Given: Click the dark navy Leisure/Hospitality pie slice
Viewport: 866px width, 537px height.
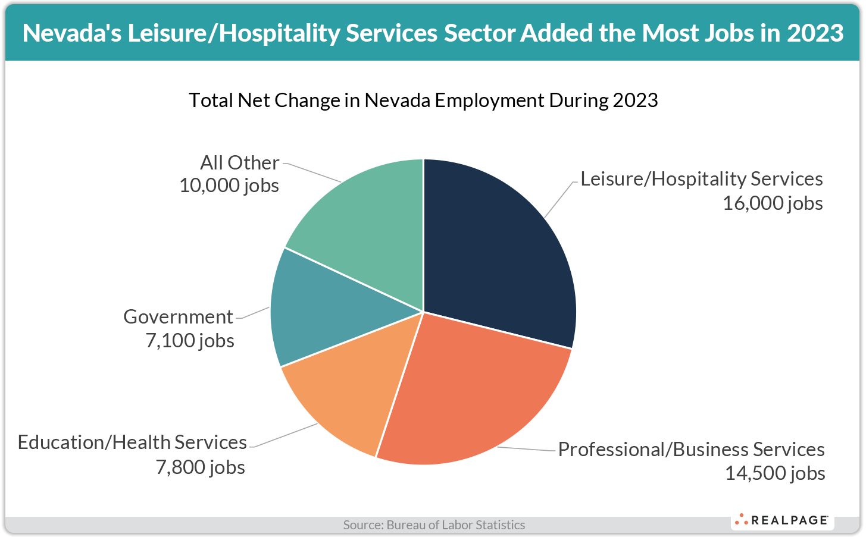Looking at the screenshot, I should pos(500,250).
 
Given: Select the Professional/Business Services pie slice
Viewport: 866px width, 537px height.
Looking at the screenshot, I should pos(470,392).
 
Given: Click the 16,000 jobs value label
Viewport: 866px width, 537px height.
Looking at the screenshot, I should pos(773,203).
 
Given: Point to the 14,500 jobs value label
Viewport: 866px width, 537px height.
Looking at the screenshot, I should pos(774,473).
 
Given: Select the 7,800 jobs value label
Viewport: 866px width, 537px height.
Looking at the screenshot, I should pos(200,467).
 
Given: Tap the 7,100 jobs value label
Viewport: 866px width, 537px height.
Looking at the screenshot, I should pos(189,341).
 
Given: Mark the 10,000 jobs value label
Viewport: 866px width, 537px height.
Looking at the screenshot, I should pos(229,186).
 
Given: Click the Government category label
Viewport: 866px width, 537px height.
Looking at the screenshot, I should pos(178,316).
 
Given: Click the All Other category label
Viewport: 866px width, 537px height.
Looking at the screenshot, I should pos(239,162).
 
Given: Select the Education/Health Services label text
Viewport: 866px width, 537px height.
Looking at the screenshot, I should pos(132,442).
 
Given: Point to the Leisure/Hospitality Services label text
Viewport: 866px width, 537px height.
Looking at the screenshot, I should pos(701,179).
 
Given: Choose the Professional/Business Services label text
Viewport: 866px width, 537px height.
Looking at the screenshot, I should pos(691,449).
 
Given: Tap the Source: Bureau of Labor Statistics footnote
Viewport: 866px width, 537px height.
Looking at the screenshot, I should pos(434,525).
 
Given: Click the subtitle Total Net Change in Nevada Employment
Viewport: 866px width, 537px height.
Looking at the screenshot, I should pos(423,100).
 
